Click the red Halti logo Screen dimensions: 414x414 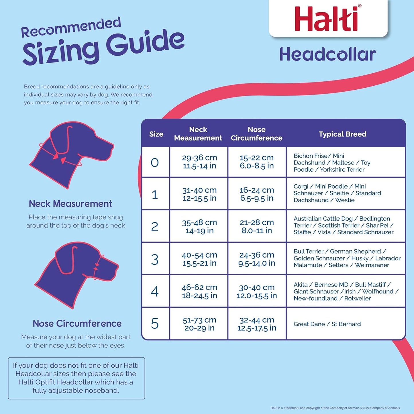(x=327, y=19)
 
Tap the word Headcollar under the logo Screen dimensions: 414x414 (x=327, y=54)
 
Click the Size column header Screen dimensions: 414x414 (x=156, y=134)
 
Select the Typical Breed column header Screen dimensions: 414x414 (x=342, y=134)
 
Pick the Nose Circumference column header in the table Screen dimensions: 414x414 (x=256, y=134)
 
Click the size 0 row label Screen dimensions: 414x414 (x=155, y=162)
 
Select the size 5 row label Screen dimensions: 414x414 (x=155, y=324)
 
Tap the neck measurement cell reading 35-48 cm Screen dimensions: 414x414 (x=199, y=226)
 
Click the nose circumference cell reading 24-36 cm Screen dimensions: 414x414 (x=257, y=259)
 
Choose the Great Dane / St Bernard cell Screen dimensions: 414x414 (x=327, y=324)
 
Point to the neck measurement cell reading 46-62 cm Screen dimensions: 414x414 (x=199, y=291)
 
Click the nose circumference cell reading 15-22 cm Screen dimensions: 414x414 (x=257, y=162)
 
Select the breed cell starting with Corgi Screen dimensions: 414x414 (x=337, y=193)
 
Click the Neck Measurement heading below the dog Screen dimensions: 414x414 (x=70, y=204)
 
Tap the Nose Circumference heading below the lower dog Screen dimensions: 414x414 (x=77, y=323)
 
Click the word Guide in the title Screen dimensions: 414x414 (x=145, y=43)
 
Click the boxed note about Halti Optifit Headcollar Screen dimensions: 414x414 (x=76, y=378)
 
